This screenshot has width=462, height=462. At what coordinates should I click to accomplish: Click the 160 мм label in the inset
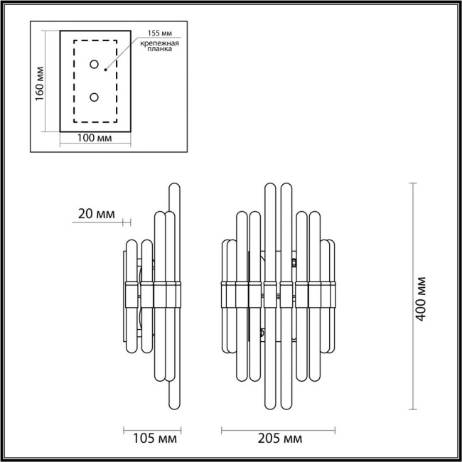pyautogui.click(x=40, y=82)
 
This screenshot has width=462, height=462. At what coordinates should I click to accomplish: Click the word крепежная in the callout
pyautogui.click(x=159, y=44)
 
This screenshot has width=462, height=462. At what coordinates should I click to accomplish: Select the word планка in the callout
pyautogui.click(x=159, y=53)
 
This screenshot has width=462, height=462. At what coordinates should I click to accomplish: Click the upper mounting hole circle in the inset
pyautogui.click(x=94, y=65)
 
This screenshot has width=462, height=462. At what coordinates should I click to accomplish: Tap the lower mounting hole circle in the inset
pyautogui.click(x=94, y=97)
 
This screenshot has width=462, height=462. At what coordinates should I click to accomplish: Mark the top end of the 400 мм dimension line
pyautogui.click(x=414, y=183)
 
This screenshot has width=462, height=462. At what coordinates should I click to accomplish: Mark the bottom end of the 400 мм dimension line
pyautogui.click(x=414, y=409)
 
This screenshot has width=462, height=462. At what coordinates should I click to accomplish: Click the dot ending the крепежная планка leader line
pyautogui.click(x=105, y=70)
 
